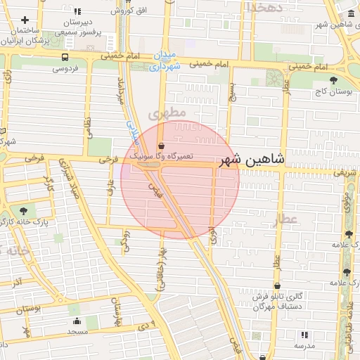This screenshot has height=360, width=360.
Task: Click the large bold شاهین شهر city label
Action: click(252, 160)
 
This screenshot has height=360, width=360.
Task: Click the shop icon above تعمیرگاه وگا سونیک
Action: click(162, 146)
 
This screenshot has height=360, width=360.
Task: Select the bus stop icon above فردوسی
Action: click(65, 58)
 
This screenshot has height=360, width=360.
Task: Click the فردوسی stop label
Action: click(65, 69)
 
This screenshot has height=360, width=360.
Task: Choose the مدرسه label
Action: click(304, 347)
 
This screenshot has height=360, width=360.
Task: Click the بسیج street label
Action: click(233, 90)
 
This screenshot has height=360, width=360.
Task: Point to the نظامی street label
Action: click(89, 128)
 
